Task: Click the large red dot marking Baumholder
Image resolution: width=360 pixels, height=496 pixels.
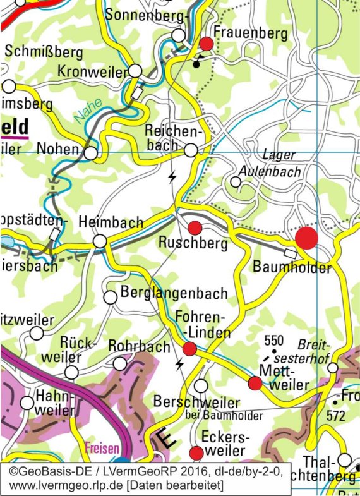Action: pyautogui.click(x=306, y=239)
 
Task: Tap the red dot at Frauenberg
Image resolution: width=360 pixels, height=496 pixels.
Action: pyautogui.click(x=207, y=44)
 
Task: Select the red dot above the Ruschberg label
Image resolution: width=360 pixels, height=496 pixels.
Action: pyautogui.click(x=195, y=228)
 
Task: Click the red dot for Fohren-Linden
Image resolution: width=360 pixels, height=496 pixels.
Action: pyautogui.click(x=189, y=349)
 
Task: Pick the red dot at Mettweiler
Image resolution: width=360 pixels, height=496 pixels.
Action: pyautogui.click(x=255, y=383)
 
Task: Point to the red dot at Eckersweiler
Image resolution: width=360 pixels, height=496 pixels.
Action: pyautogui.click(x=196, y=452)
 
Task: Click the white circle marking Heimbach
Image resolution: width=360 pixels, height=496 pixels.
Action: pyautogui.click(x=100, y=241)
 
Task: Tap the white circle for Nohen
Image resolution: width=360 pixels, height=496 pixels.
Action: pyautogui.click(x=92, y=153)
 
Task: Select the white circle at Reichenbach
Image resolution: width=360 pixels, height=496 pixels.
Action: pyautogui.click(x=191, y=150)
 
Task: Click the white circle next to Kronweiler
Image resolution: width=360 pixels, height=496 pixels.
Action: pyautogui.click(x=136, y=71)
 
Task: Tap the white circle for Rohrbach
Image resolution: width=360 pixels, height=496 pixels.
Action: pyautogui.click(x=119, y=363)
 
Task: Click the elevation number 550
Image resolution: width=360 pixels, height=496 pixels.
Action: pyautogui.click(x=275, y=340)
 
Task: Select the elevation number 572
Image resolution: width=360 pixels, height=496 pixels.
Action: pyautogui.click(x=336, y=416)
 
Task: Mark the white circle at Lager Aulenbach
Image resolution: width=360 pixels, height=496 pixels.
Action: pyautogui.click(x=236, y=182)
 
